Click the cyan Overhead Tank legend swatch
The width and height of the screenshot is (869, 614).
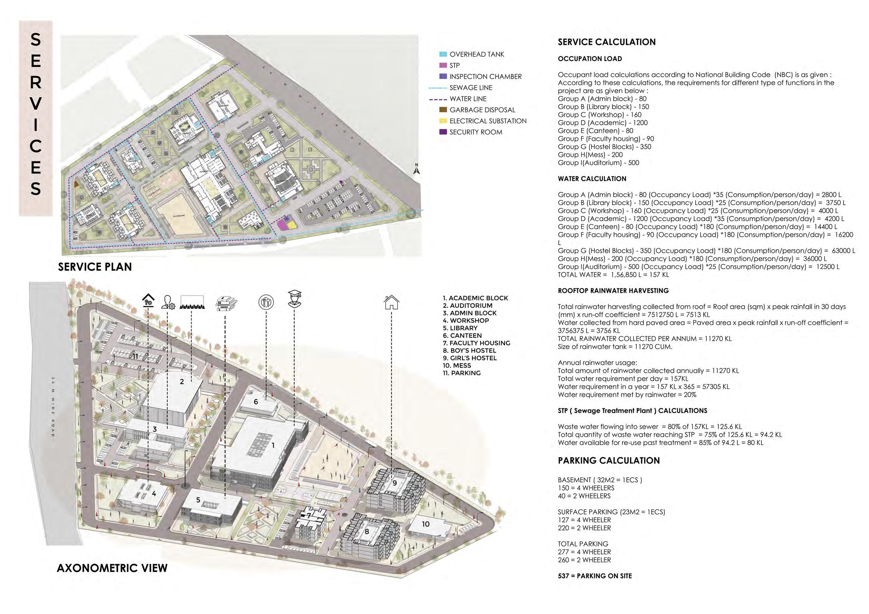tap(443, 55)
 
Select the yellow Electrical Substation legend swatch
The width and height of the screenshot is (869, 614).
tap(443, 121)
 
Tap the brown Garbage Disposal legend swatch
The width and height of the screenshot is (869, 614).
tap(443, 110)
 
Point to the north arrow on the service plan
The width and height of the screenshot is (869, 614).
tap(416, 169)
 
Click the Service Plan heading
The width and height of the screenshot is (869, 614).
tap(95, 267)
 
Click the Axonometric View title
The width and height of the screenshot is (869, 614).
tap(112, 568)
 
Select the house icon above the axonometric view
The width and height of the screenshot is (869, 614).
tap(391, 302)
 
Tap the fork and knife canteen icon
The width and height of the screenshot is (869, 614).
tap(267, 302)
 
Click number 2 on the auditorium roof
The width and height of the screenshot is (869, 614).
tap(182, 382)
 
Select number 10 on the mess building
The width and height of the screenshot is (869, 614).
tap(426, 524)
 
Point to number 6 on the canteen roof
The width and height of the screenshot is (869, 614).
tap(256, 402)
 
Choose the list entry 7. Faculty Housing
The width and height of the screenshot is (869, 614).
tap(476, 343)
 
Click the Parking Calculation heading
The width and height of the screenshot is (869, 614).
tap(609, 460)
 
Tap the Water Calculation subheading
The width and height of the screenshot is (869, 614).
tap(592, 179)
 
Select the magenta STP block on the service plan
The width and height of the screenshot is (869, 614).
tap(281, 225)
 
